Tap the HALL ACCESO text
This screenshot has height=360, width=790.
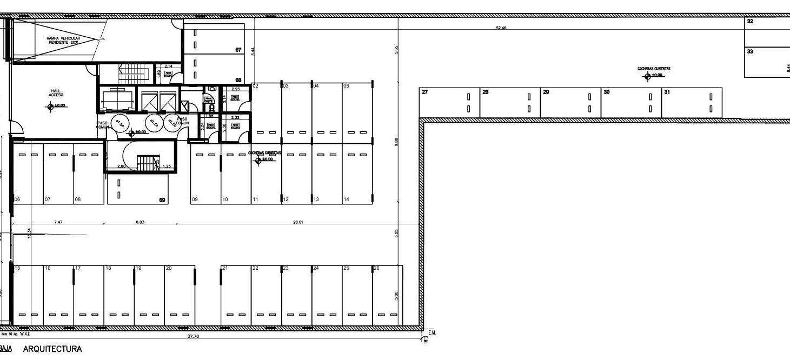click(x=56, y=93)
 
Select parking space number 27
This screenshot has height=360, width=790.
click(x=425, y=92)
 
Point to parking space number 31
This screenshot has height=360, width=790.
click(x=667, y=92)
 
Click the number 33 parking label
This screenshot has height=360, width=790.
click(x=750, y=52)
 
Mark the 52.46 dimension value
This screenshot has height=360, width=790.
click(x=501, y=28)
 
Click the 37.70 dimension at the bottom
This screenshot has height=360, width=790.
click(x=193, y=336)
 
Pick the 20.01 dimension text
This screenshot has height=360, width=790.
click(x=297, y=222)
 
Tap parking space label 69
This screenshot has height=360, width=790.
click(x=162, y=201)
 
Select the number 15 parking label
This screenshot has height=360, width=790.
click(x=17, y=268)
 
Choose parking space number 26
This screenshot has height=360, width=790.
click(x=376, y=268)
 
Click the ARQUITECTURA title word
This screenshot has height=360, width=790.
click(x=52, y=349)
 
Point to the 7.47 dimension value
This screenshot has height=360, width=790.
click(x=58, y=222)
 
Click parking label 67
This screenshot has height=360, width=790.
click(x=238, y=50)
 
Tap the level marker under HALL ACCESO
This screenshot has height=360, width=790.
click(x=51, y=106)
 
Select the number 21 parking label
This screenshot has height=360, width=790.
click(x=225, y=268)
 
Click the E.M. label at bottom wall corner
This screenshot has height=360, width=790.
click(x=432, y=332)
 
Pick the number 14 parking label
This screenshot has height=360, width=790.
click(x=346, y=200)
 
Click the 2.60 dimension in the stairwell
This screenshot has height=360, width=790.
click(x=122, y=166)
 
